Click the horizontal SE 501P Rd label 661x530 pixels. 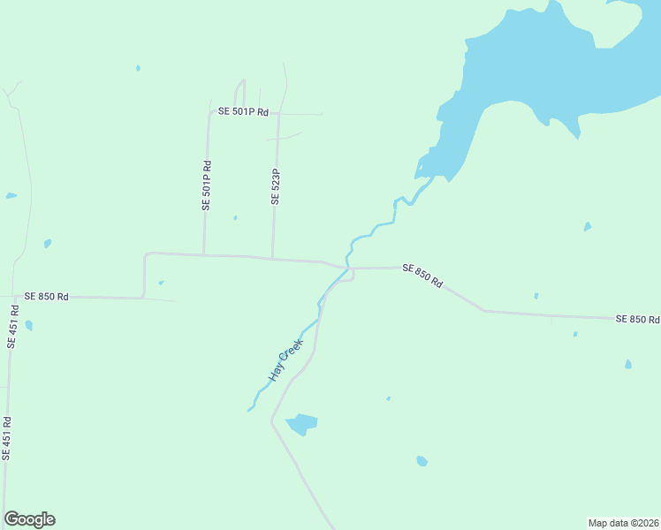(243, 112)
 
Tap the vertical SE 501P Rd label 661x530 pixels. (207, 185)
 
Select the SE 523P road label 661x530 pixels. (276, 187)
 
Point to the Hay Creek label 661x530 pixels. (285, 360)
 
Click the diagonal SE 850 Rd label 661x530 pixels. (422, 275)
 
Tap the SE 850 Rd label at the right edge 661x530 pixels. (637, 318)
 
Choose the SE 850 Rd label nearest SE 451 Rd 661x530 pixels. (47, 297)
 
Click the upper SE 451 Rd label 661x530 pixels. (12, 327)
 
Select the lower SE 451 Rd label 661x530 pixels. (6, 438)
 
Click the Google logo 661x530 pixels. (29, 519)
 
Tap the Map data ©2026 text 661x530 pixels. (624, 523)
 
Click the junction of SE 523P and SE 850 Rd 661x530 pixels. (272, 259)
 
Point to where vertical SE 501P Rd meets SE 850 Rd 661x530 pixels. (204, 255)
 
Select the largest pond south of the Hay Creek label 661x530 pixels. (301, 423)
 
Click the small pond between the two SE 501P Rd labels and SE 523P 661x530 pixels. (235, 217)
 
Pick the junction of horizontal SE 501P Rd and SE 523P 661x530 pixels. (278, 113)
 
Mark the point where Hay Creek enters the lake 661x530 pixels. (422, 174)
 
